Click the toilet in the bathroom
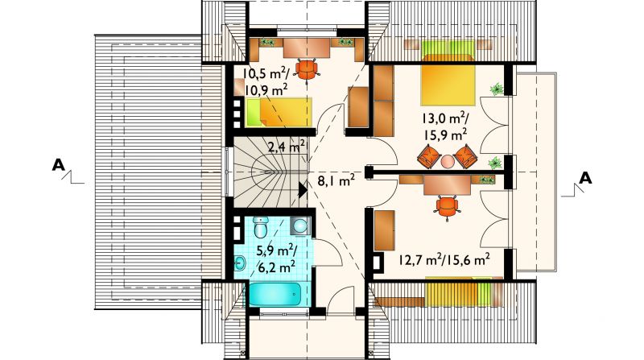click(x=260, y=227)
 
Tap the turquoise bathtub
click(x=275, y=294)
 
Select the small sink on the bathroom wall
click(x=240, y=263)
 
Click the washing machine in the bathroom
click(x=301, y=226)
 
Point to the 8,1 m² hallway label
click(x=336, y=180)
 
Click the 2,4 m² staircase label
click(x=287, y=147)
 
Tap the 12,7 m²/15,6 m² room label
click(x=444, y=259)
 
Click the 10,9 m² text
click(x=266, y=89)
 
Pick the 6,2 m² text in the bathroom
click(x=276, y=267)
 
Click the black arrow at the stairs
click(x=303, y=190)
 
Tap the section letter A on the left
click(x=58, y=165)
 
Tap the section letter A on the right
click(x=585, y=178)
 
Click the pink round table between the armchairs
click(x=448, y=161)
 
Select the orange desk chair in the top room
click(x=308, y=69)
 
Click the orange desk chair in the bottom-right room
click(x=448, y=206)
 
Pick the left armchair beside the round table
click(x=429, y=156)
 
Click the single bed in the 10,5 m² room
click(x=279, y=112)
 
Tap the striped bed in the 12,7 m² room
click(x=458, y=292)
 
